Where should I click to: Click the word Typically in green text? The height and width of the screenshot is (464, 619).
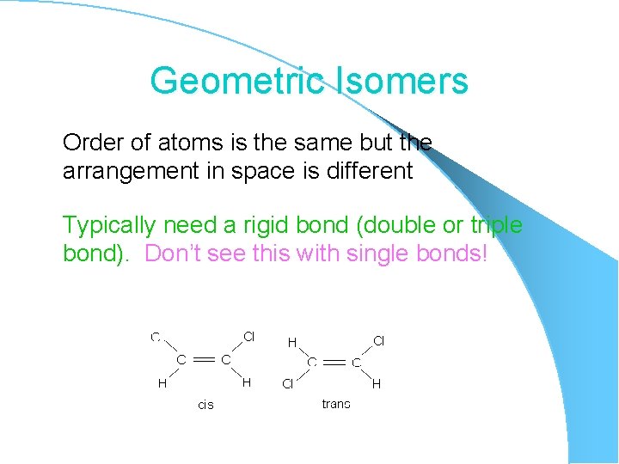click(x=109, y=226)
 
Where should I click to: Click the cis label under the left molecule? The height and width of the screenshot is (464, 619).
click(x=206, y=405)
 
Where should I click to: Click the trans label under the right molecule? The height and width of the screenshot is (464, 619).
click(x=336, y=404)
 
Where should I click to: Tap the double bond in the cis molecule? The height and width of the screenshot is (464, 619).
click(x=204, y=360)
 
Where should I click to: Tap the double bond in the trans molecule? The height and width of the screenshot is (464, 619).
click(x=334, y=363)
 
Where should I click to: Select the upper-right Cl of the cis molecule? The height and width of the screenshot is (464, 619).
click(x=248, y=336)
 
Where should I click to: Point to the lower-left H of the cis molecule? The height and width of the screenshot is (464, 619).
click(x=161, y=384)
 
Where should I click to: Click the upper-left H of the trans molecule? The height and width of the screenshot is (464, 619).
click(x=292, y=342)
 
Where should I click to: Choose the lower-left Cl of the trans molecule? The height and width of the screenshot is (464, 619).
click(x=288, y=384)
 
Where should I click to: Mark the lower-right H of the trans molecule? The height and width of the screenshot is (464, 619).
click(x=376, y=384)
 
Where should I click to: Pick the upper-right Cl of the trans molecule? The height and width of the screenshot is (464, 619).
click(x=378, y=341)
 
